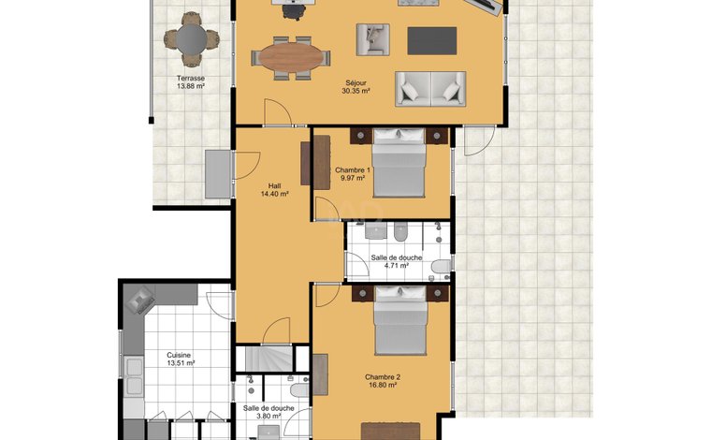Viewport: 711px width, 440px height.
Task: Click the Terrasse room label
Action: pos(191,78)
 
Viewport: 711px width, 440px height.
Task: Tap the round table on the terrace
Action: pos(192,39)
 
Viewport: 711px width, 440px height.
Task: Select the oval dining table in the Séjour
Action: pos(291,58)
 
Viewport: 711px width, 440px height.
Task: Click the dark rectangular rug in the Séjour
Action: pos(431,41)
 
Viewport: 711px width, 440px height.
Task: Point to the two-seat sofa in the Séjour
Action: pos(430,89)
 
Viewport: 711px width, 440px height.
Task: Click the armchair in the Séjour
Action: pos(372,39)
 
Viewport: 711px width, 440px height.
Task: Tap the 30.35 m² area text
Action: pos(355,91)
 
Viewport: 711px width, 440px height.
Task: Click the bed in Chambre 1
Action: pos(399,163)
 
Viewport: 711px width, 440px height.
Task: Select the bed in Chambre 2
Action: pos(400,321)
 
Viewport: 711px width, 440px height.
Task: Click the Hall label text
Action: pos(274,186)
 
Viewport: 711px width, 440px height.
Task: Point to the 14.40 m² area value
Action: pos(275,194)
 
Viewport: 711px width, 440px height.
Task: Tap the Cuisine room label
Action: pos(179,355)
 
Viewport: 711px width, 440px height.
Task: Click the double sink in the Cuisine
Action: pos(134,376)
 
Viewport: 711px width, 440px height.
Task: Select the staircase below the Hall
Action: pos(268,359)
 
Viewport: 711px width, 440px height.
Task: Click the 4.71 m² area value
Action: pos(397,265)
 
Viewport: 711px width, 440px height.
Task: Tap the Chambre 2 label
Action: pos(383,377)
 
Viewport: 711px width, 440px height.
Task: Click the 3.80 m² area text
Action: pos(268,416)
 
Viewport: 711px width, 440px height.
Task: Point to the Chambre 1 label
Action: pos(353,170)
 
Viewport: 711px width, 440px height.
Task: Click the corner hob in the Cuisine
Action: pos(140,300)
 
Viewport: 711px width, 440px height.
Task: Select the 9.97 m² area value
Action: pos(353,178)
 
